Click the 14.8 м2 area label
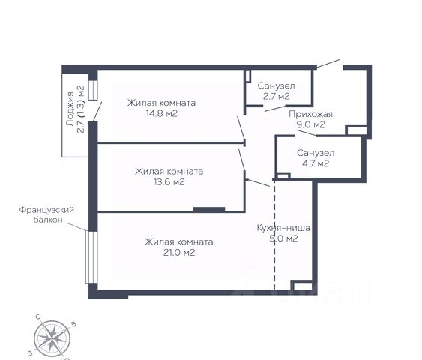click(x=161, y=114)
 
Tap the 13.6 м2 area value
click(x=169, y=182)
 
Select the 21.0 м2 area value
click(x=179, y=253)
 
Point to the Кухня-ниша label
click(x=283, y=228)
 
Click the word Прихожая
click(x=310, y=114)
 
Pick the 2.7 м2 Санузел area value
click(x=276, y=97)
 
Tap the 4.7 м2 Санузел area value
click(x=316, y=163)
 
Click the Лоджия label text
click(x=70, y=109)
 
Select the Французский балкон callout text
click(x=46, y=214)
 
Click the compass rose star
click(x=52, y=338)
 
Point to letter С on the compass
click(x=38, y=316)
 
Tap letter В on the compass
click(x=73, y=324)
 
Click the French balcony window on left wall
click(x=91, y=257)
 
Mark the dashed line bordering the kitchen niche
click(x=274, y=235)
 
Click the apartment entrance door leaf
click(x=328, y=64)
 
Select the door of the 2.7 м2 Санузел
click(x=275, y=109)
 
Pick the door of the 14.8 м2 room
click(x=241, y=128)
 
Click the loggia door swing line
click(x=97, y=111)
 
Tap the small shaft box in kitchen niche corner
click(x=303, y=286)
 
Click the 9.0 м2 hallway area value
click(x=310, y=125)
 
